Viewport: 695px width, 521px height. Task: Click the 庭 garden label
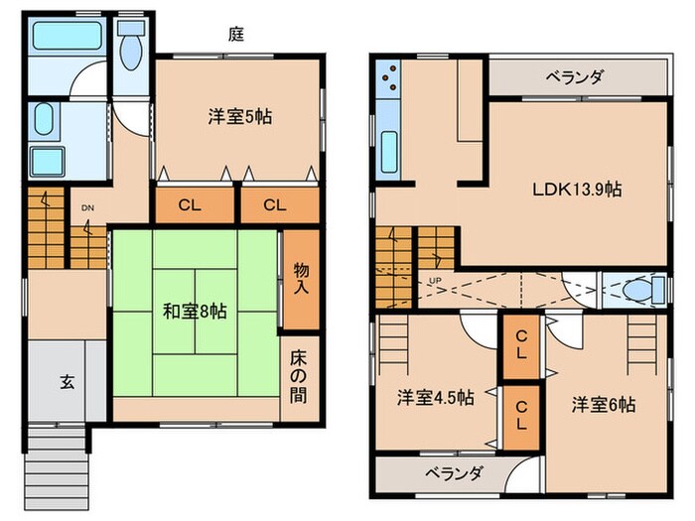pos(237,33)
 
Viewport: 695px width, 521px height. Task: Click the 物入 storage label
pos(302,278)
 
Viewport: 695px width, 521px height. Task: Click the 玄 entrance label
pos(66,380)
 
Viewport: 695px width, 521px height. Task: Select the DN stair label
pos(87,207)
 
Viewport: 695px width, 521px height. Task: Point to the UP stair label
pos(434,282)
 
